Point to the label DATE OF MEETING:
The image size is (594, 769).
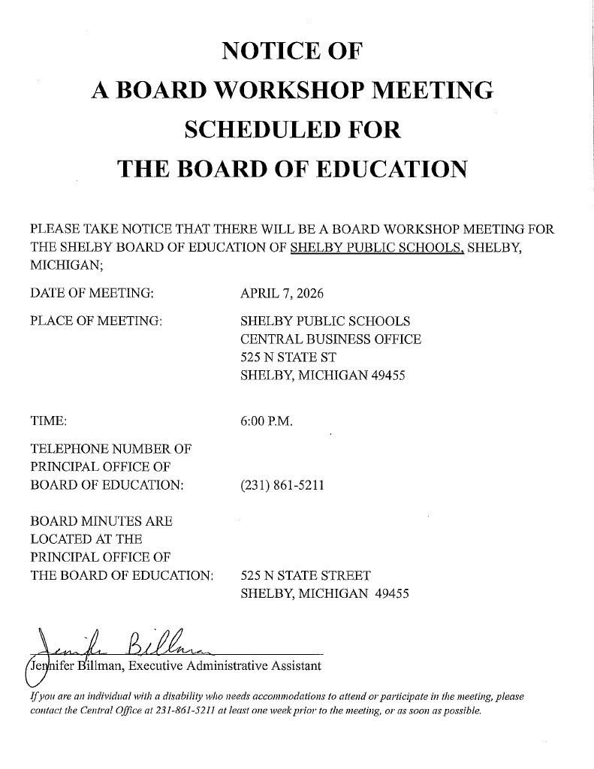pyautogui.click(x=92, y=292)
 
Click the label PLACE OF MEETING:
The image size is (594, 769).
pyautogui.click(x=96, y=321)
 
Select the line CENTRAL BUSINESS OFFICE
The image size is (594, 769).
pyautogui.click(x=330, y=339)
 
